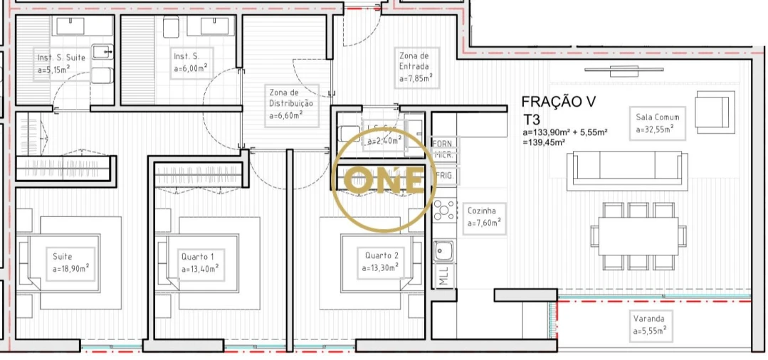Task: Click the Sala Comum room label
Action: pos(657,123)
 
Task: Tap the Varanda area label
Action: pos(648,324)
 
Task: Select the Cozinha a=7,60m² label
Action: pos(485,216)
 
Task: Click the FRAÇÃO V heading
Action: pos(558,102)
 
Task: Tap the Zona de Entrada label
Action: pos(414,67)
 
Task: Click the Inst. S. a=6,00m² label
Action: pos(190,62)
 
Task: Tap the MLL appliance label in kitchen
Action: pos(444,276)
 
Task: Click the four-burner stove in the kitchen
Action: pos(444,210)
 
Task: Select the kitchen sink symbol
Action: pos(444,250)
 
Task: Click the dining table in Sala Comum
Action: pos(638,235)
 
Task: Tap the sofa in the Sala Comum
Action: pos(627,170)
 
